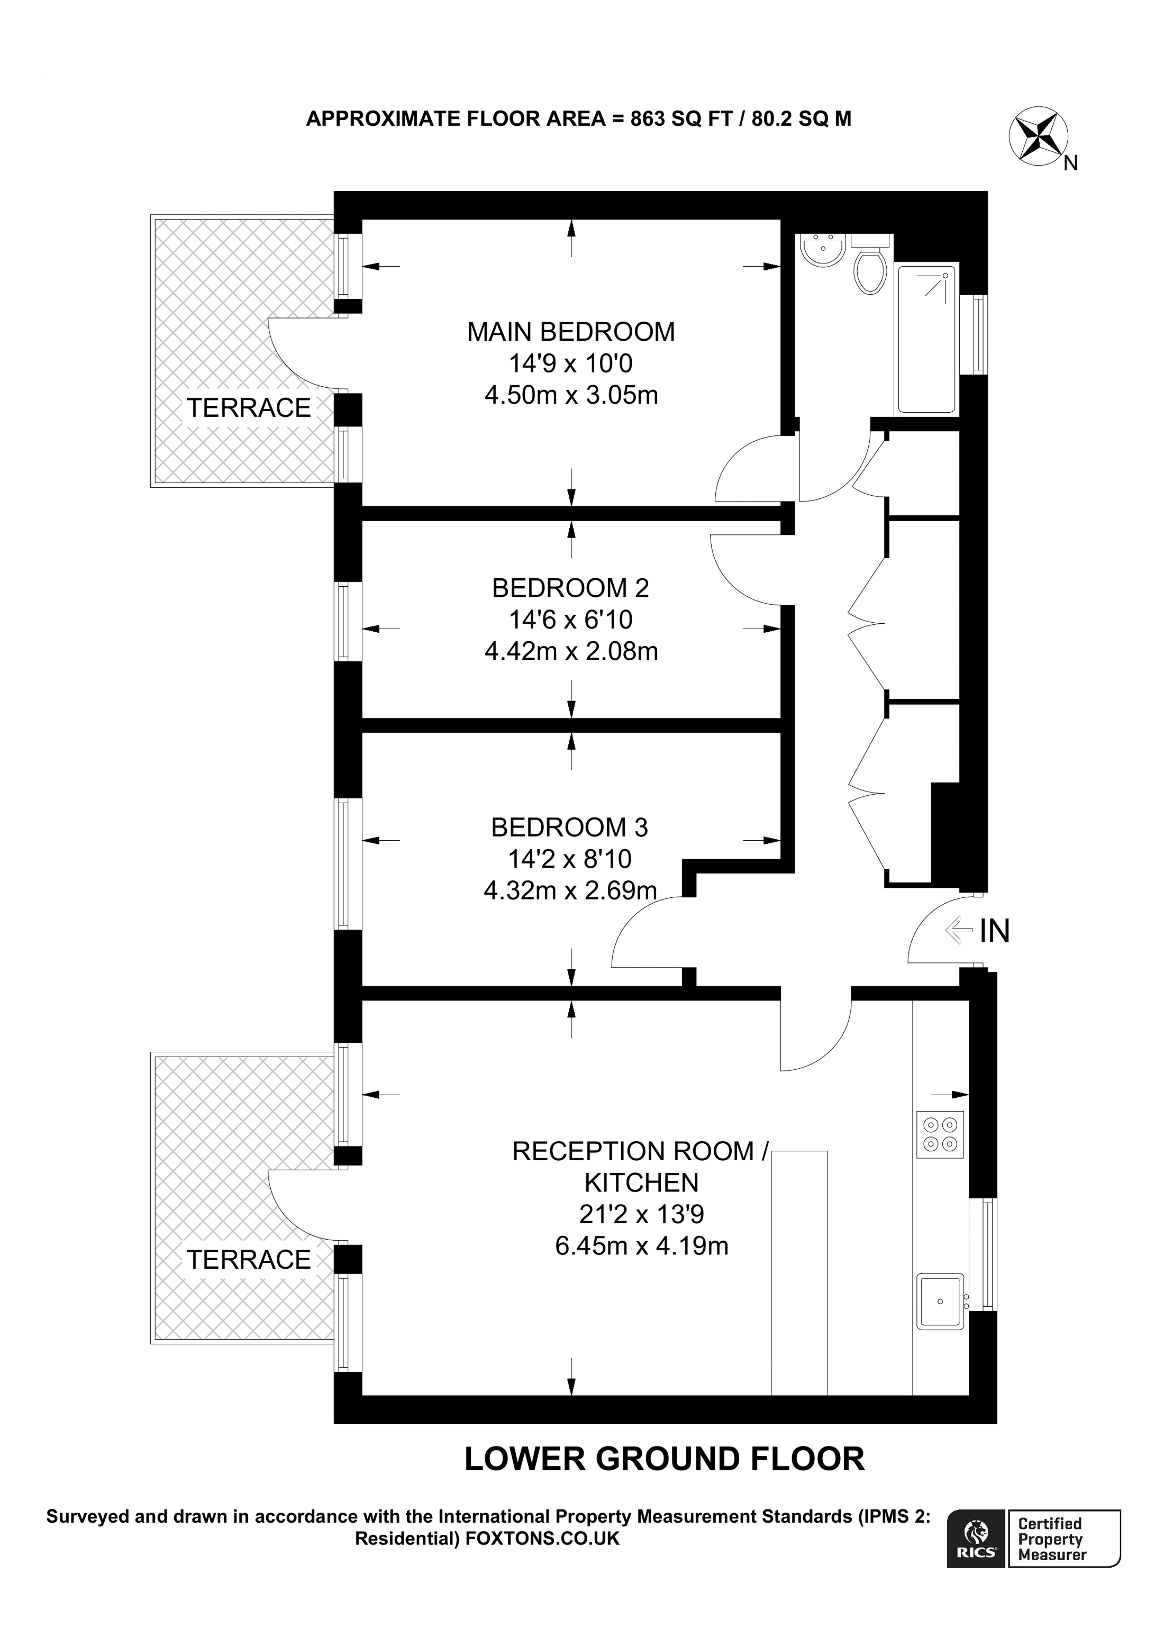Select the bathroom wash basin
point(823,250)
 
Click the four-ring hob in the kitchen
point(940,1134)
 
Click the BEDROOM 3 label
point(569,828)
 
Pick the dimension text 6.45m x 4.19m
point(641,1246)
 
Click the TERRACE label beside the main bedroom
point(249,408)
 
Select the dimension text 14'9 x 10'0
point(571,363)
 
